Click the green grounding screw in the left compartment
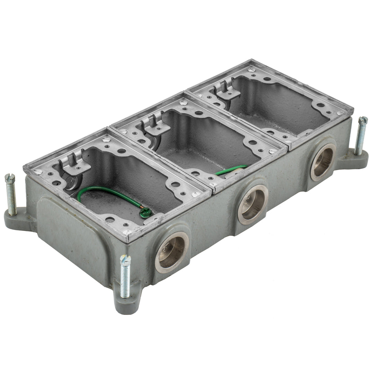[x=146, y=212]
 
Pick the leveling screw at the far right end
[x=360, y=136]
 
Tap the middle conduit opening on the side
[x=253, y=204]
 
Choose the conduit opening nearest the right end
[x=323, y=162]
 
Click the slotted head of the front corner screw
[x=125, y=258]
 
